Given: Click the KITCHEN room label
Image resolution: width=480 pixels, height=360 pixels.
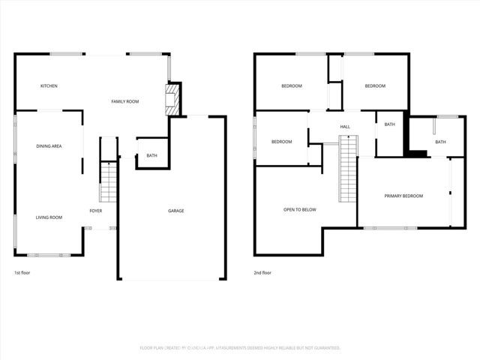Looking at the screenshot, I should (x=49, y=86).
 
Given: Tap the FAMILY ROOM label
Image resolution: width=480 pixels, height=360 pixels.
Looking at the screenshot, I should (x=125, y=101).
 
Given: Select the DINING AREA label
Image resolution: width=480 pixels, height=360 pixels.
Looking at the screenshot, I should (x=49, y=145).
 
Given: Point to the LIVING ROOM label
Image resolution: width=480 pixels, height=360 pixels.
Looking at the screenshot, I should (x=49, y=217).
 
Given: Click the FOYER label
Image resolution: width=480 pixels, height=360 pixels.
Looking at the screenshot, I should (x=96, y=211).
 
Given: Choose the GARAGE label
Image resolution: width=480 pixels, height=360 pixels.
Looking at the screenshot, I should (x=175, y=211).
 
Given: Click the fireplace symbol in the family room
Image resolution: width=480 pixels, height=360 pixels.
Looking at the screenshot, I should (x=173, y=99).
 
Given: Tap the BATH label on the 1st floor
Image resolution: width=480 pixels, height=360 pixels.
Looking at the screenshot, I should (x=152, y=156).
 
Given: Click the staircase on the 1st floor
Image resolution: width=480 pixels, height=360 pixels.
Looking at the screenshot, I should (x=109, y=182).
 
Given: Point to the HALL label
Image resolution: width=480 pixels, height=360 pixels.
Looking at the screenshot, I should (x=345, y=127).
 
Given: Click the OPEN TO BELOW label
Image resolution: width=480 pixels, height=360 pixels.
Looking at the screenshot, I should (x=299, y=210).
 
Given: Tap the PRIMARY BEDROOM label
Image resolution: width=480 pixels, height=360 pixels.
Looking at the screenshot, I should (x=403, y=196).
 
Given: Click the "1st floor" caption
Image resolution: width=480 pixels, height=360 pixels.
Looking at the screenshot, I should (x=22, y=273).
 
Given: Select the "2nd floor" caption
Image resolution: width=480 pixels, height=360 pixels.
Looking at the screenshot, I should (x=262, y=273).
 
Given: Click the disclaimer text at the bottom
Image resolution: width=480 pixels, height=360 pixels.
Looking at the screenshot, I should (x=240, y=348).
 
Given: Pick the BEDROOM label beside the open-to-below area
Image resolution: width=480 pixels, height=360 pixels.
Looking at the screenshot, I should (x=281, y=142).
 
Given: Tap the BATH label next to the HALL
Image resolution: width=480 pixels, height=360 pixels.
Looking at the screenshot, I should (x=389, y=124).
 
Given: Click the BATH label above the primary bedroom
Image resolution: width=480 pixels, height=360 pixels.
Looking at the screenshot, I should (x=440, y=142).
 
